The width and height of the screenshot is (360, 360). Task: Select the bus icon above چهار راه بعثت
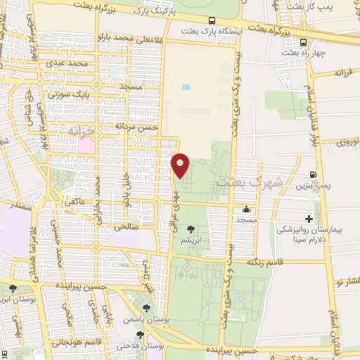pos(303,41)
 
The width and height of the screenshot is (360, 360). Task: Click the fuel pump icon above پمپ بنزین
pos(312,174)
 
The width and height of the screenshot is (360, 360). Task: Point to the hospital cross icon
pos(308,219)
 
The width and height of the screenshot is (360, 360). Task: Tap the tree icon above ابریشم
pos(190,229)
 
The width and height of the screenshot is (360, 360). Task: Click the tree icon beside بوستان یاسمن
pos(147,307)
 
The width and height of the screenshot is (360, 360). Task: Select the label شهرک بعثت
pos(249,181)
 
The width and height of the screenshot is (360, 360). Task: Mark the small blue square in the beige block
pos(186,87)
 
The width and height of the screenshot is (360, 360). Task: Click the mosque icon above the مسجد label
pos(246,209)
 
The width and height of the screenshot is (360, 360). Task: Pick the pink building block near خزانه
pos(86,145)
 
